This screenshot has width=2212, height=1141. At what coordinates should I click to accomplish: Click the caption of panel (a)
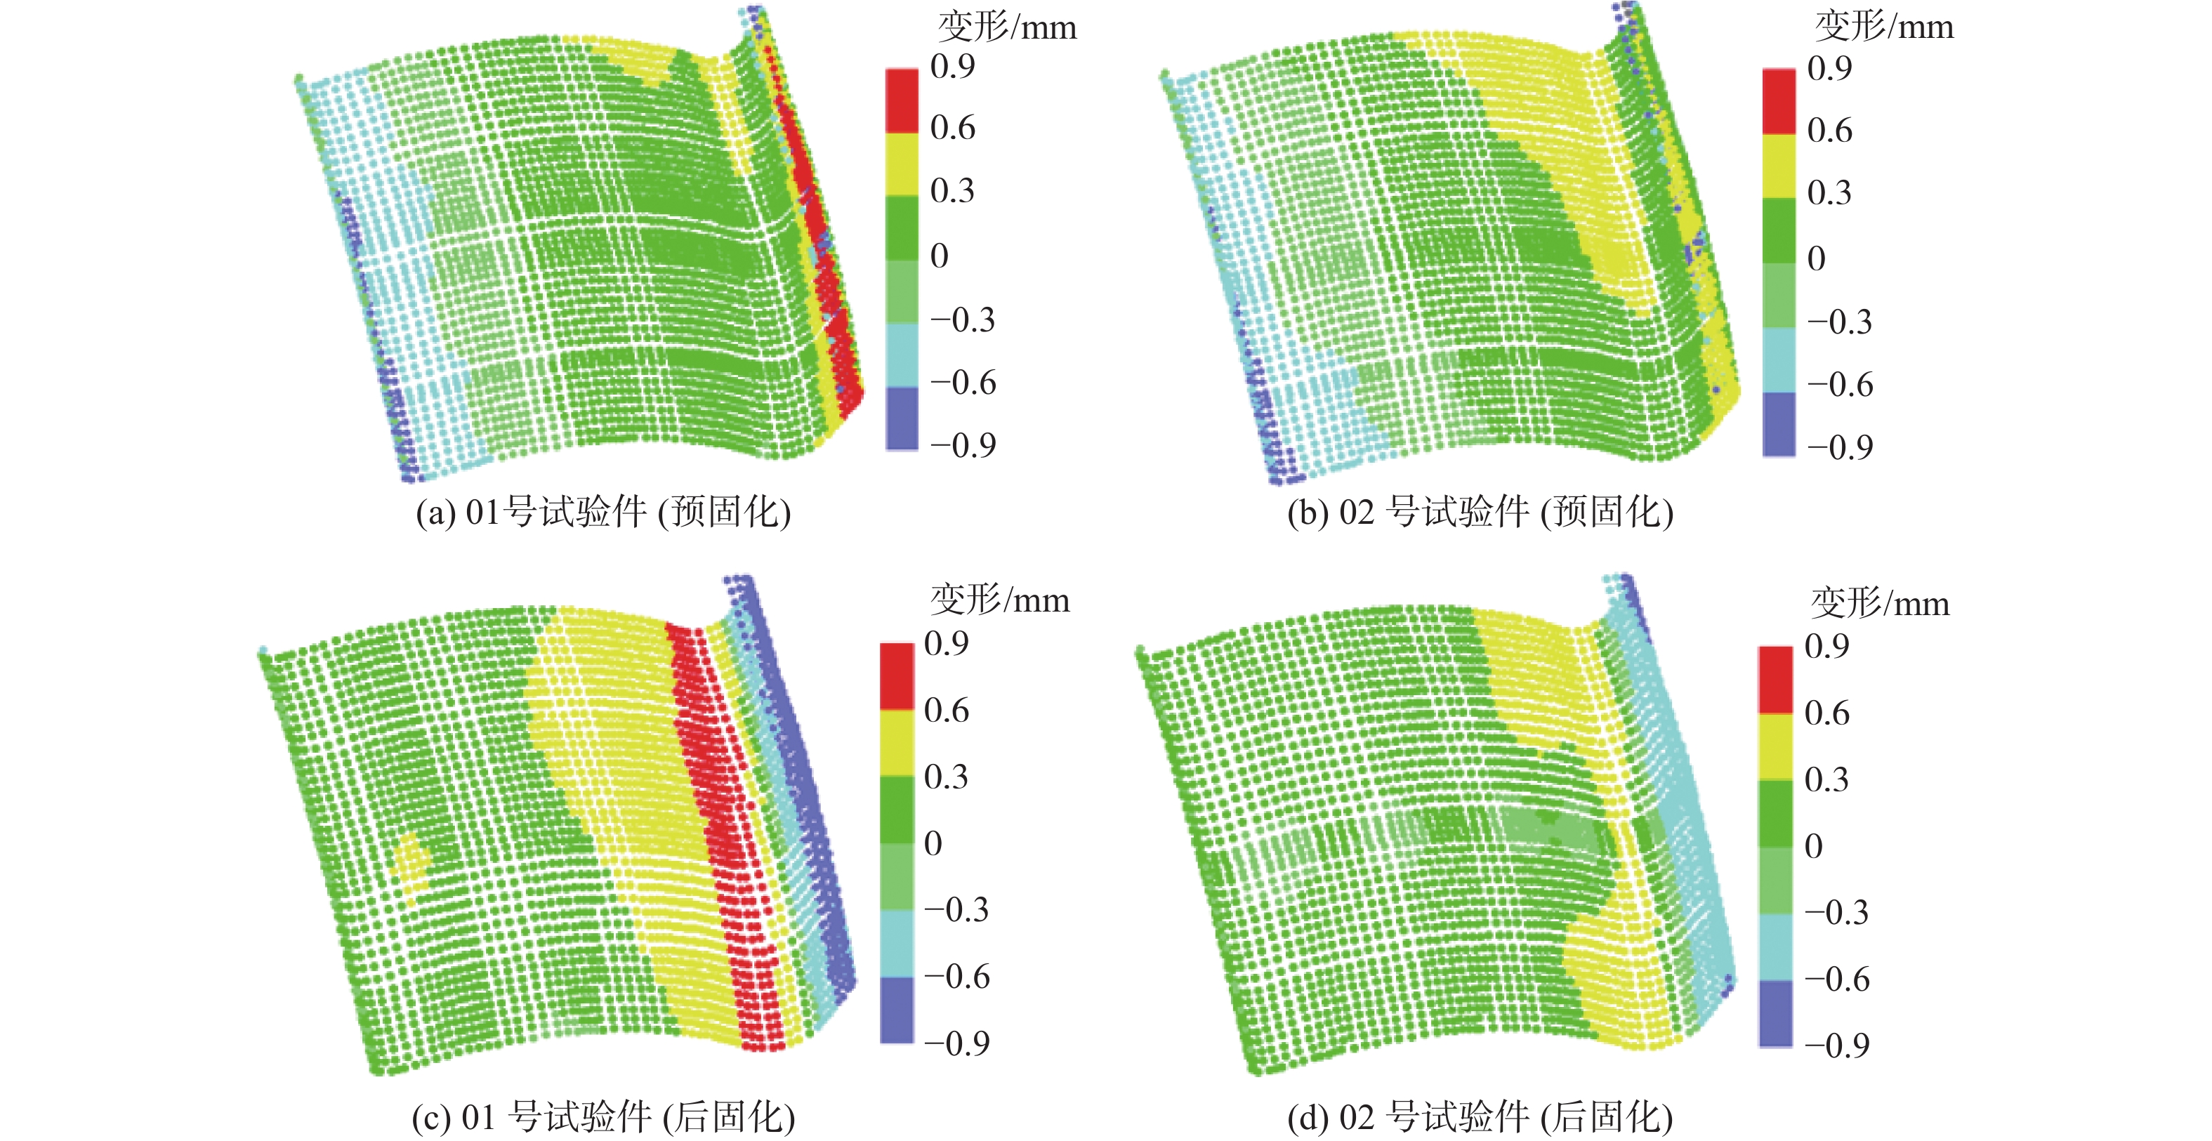(603, 513)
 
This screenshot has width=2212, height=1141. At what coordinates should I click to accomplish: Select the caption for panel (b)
(1480, 513)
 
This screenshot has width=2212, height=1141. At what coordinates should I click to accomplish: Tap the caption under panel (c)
(603, 1117)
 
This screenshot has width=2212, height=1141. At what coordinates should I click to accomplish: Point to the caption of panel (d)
(1480, 1117)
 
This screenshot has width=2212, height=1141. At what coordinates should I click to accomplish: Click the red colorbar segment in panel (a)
(902, 100)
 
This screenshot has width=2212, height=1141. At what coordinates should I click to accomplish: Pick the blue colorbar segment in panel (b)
(1778, 424)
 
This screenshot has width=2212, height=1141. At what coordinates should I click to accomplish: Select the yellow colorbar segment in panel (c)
(897, 743)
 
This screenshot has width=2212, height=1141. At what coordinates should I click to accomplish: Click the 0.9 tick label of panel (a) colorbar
(952, 66)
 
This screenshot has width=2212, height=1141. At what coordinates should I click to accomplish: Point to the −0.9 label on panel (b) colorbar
(1839, 447)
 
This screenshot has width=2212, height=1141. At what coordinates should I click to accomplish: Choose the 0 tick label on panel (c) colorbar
(933, 844)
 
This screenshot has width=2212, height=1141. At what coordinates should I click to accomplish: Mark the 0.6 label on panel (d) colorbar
(1826, 713)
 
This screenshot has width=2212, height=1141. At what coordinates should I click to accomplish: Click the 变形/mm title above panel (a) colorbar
(1006, 27)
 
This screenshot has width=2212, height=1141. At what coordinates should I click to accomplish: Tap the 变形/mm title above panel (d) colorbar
(1880, 604)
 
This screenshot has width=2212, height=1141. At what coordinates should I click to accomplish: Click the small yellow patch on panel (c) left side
(412, 863)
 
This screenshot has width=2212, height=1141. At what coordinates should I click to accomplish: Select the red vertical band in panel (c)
(725, 824)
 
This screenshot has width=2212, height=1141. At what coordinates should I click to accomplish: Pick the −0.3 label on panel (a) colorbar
(962, 319)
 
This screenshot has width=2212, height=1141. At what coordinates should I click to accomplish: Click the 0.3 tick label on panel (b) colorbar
(1829, 192)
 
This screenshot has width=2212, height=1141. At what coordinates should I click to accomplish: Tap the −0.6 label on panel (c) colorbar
(956, 977)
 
